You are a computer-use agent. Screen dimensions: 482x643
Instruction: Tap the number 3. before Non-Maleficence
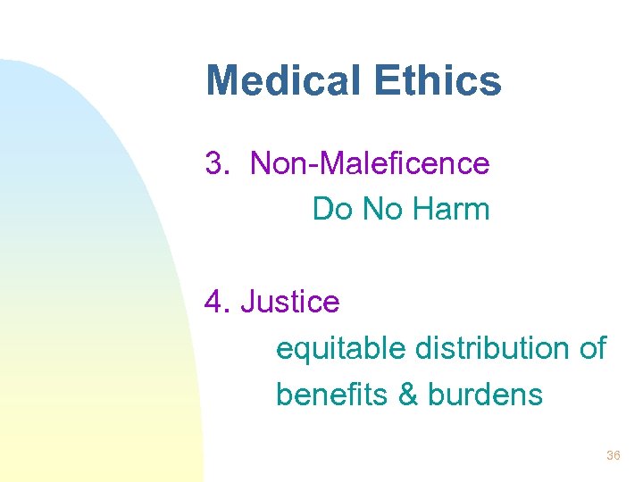(x=218, y=164)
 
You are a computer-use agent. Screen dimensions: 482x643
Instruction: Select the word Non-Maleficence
(x=370, y=164)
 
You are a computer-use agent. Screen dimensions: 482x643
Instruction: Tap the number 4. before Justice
(x=218, y=302)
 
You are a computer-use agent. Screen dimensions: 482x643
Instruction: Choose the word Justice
(x=290, y=302)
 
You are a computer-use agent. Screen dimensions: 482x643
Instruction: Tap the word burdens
(x=485, y=394)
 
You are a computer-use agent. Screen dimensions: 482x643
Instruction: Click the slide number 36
(x=613, y=456)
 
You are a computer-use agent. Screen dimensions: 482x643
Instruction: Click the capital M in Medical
(x=221, y=81)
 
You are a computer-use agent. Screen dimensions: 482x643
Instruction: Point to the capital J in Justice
(x=247, y=302)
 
